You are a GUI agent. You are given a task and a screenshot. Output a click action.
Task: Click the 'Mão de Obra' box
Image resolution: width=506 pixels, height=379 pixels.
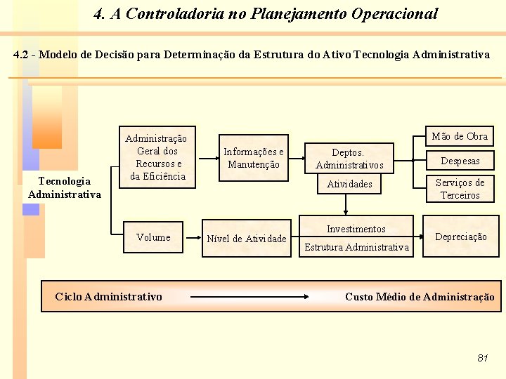tap(460, 136)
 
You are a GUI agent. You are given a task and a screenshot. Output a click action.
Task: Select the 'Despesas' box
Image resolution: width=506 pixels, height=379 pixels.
tap(460, 161)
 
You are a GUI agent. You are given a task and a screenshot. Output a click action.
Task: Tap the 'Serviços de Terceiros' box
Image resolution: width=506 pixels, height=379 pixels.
tap(460, 189)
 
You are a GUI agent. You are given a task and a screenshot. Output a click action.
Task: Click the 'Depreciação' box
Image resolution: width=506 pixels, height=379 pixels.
tap(460, 237)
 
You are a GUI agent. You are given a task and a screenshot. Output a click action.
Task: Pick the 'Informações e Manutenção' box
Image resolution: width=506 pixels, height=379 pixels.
tap(253, 158)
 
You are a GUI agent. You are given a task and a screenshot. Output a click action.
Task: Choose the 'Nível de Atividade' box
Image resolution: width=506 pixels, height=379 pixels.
tap(247, 239)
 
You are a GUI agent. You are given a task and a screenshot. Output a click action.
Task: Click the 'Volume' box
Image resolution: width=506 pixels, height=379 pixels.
tap(153, 237)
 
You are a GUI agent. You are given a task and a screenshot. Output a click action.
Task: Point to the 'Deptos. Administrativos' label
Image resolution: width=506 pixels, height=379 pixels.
tap(349, 159)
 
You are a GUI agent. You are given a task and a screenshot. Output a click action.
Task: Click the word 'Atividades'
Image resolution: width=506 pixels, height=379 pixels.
tap(349, 184)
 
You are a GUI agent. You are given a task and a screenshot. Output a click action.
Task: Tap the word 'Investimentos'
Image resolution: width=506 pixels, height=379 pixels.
tap(356, 229)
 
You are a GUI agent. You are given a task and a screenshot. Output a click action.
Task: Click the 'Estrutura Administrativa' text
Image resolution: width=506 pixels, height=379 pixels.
tap(356, 247)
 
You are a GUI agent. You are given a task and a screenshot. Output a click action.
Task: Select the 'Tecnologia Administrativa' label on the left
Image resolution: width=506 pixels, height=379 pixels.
tap(65, 187)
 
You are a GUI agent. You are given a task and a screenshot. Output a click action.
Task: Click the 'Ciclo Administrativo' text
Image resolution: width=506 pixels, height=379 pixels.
tap(108, 296)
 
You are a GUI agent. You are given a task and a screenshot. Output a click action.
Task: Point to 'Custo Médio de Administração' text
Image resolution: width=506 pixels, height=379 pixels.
tap(420, 297)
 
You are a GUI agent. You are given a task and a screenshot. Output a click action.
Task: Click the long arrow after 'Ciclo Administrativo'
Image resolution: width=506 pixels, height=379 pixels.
tap(253, 297)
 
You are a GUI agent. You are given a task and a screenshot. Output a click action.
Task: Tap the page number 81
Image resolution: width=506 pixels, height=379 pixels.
tap(482, 358)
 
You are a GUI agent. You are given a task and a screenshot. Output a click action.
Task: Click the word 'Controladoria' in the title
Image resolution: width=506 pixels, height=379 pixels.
tap(185, 13)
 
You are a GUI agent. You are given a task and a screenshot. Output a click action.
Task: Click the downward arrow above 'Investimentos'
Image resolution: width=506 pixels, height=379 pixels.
tap(346, 205)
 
